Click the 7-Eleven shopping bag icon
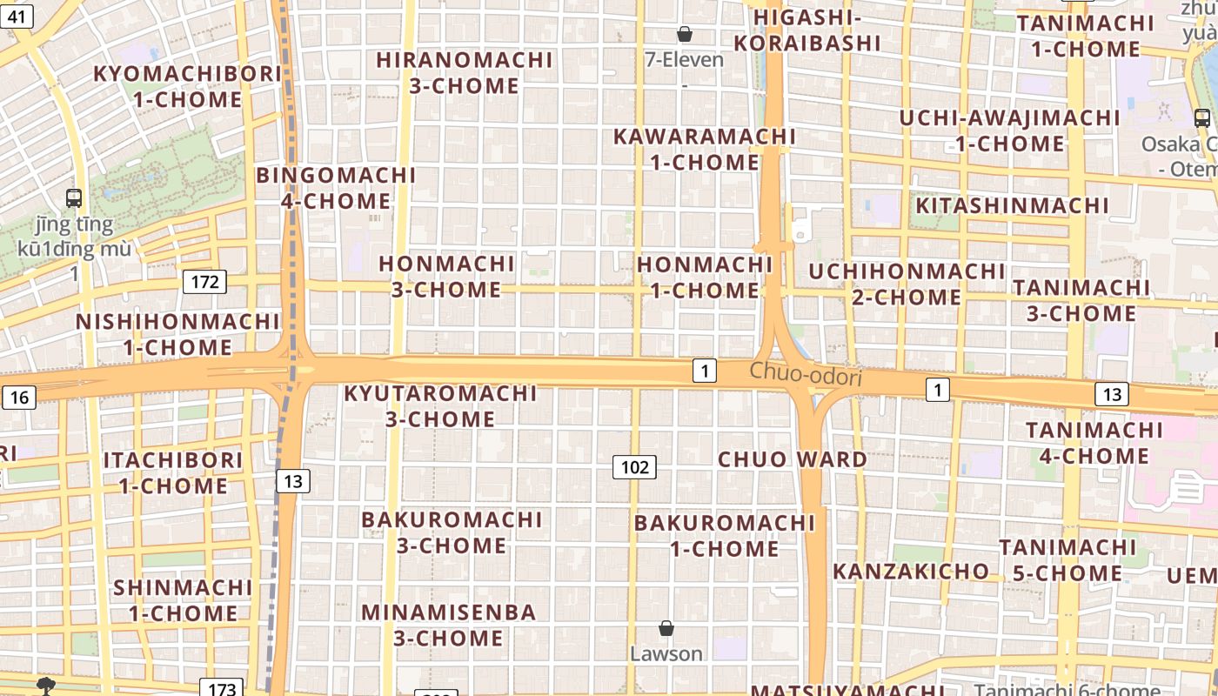tap(685, 34)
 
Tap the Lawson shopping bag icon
tap(666, 628)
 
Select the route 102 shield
tap(634, 467)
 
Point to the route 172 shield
tap(204, 282)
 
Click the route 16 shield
tap(18, 398)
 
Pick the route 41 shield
tap(17, 15)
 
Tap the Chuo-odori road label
tap(806, 373)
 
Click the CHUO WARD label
tap(792, 459)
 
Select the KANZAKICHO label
tap(911, 572)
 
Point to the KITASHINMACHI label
tap(1012, 205)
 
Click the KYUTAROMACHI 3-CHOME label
tap(440, 406)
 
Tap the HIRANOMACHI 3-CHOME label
tap(465, 73)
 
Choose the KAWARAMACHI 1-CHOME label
tap(705, 150)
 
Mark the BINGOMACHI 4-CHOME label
tap(336, 188)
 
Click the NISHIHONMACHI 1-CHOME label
tap(177, 335)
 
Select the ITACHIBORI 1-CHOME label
tap(173, 472)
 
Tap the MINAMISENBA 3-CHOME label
tap(449, 625)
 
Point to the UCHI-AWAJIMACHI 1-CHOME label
tap(1010, 130)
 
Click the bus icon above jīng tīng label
tap(74, 198)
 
